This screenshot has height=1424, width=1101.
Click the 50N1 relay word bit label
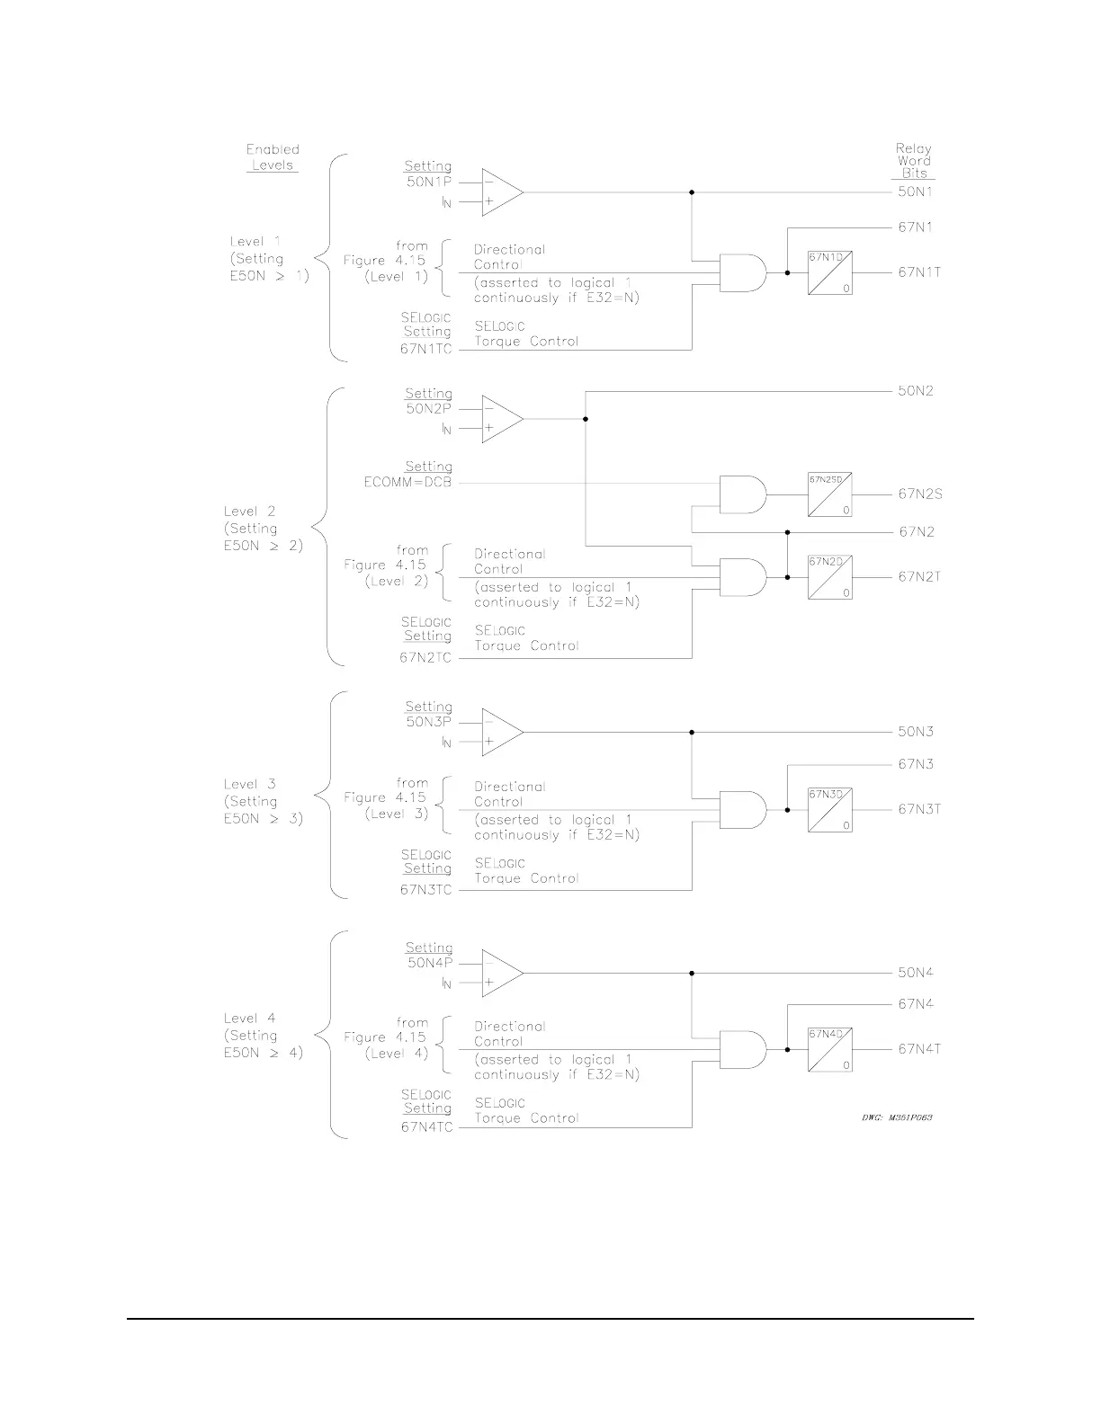916,192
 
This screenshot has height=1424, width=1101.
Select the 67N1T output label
919,272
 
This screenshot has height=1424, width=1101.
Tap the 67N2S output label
920,494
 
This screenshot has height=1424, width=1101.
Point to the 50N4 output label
916,973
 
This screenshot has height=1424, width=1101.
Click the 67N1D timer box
829,273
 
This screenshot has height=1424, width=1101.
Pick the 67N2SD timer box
829,494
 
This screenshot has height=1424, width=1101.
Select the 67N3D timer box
829,810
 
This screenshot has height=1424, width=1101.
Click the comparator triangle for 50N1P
501,192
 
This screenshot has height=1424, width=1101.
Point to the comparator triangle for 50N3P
501,732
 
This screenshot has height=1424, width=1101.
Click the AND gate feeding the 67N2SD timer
743,494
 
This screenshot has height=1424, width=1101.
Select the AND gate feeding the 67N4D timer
743,1049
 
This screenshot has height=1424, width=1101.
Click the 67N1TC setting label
425,349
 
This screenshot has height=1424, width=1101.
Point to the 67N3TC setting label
425,890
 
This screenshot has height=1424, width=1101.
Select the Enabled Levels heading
273,157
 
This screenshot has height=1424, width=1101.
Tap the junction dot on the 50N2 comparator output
586,419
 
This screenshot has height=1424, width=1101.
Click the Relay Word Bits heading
913,161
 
